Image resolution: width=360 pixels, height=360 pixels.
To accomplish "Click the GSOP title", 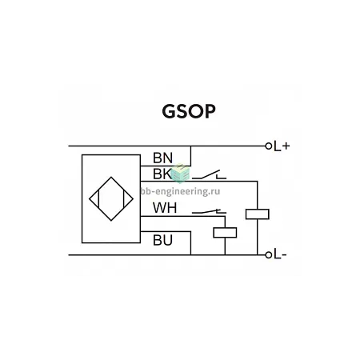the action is tap(189, 111).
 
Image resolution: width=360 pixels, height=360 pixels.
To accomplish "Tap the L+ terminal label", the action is tap(282, 146).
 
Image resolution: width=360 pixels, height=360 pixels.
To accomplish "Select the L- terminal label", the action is tap(280, 255).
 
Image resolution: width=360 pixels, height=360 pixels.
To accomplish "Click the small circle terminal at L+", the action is tap(269, 146).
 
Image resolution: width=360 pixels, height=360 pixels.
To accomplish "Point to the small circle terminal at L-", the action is tap(269, 255).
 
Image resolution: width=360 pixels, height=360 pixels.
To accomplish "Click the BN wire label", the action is tap(162, 158).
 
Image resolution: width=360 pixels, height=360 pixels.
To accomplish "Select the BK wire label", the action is tap(162, 174).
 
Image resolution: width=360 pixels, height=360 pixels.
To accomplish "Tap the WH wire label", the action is tap(165, 208).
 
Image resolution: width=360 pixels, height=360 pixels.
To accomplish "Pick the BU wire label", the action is tap(162, 240).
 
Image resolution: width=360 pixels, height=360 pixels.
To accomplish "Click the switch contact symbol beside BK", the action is tap(210, 174).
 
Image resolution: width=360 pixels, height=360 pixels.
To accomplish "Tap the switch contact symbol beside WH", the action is tap(210, 212).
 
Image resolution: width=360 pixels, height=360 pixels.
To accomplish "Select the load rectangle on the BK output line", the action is tap(258, 214).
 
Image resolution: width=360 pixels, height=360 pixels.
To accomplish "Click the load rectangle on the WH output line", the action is tap(225, 233).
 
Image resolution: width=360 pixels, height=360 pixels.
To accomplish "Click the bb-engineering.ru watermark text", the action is tap(180, 191).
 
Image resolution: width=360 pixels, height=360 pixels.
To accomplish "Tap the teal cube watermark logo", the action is tap(180, 174).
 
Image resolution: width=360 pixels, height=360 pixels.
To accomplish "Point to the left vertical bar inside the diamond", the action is tap(98, 199).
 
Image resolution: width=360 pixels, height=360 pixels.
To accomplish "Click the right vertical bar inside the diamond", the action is tap(123, 199).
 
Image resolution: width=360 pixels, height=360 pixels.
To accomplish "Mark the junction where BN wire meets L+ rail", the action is tap(191, 146).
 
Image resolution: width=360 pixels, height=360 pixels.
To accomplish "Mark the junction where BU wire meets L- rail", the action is tap(191, 255).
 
